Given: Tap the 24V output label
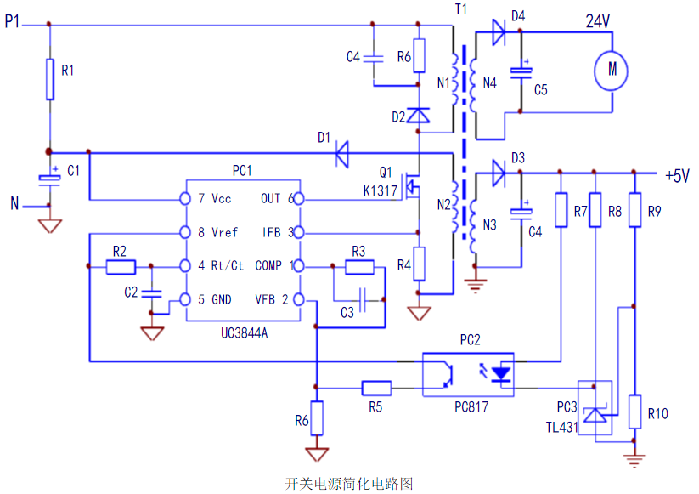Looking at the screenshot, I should tap(599, 22).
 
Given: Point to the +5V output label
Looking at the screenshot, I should tap(677, 176).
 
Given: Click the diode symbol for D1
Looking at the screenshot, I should tap(342, 154).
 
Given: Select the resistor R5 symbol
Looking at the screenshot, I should tap(375, 388).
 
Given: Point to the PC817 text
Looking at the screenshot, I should tap(472, 407).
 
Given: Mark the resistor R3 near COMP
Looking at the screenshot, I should tap(359, 268).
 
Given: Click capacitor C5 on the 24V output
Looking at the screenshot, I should tap(519, 72).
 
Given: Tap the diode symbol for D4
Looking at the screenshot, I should tap(499, 35).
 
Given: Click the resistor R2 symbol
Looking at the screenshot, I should tap(121, 267).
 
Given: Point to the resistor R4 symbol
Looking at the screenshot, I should tap(418, 264).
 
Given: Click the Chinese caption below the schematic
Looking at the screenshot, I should tap(349, 483).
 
